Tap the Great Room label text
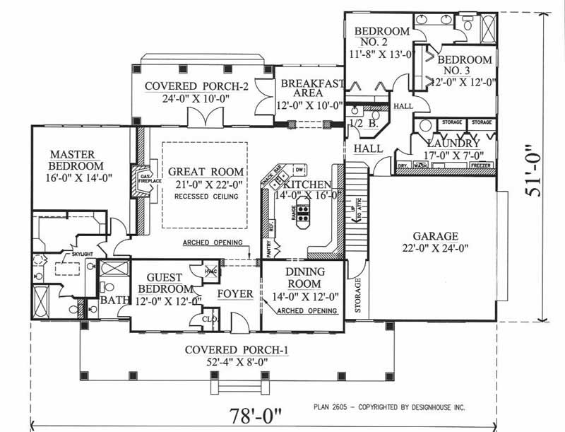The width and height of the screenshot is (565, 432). coord(206,171)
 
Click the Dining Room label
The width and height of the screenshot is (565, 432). coord(304,278)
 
